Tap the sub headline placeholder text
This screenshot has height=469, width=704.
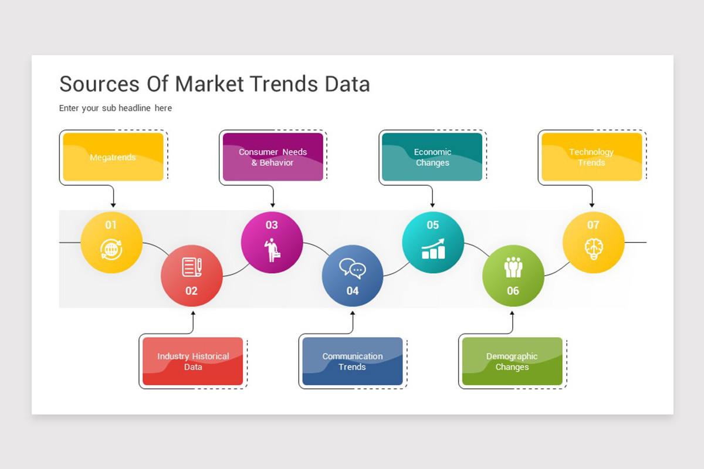[116, 108]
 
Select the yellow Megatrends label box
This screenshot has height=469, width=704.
[113, 157]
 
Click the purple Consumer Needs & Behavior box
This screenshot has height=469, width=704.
[273, 157]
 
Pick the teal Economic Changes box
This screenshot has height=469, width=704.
[432, 157]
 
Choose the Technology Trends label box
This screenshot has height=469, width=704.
[592, 157]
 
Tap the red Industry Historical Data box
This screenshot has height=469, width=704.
[192, 361]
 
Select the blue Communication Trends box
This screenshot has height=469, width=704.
[353, 361]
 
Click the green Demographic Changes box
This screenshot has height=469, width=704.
[512, 361]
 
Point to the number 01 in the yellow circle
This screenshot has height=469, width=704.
[111, 225]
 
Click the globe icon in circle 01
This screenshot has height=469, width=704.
[111, 249]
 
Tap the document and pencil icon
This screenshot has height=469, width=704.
[192, 267]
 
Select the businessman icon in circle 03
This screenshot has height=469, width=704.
[272, 250]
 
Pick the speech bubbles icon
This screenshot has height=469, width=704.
[353, 269]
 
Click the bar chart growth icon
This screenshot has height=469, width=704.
[433, 249]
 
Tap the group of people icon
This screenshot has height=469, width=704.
[513, 267]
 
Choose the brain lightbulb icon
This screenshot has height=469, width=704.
[593, 249]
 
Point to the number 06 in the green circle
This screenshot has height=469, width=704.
[513, 291]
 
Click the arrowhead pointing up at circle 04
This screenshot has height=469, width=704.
[353, 313]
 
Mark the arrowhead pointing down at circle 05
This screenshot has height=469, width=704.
[432, 205]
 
